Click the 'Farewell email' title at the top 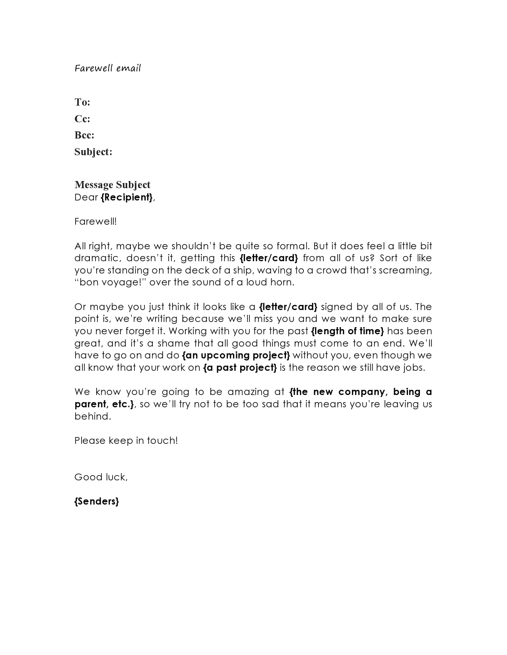(107, 68)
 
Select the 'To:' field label (82, 102)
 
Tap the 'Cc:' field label (82, 119)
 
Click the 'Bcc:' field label (84, 135)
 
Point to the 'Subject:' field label (93, 152)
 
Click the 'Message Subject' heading (113, 185)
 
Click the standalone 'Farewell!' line (95, 222)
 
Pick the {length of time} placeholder (348, 331)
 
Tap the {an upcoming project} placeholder (236, 355)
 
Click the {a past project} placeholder (240, 368)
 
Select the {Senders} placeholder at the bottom (97, 501)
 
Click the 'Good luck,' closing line (101, 477)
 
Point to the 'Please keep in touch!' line (126, 441)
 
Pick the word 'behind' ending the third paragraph (91, 416)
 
